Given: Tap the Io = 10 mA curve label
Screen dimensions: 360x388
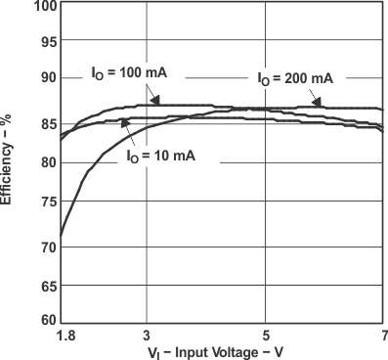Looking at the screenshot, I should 161,156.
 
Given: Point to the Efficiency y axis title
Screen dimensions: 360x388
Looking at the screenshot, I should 8,157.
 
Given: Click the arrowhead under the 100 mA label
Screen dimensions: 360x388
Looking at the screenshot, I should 154,101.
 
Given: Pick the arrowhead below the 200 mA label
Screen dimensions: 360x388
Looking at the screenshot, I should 315,101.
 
